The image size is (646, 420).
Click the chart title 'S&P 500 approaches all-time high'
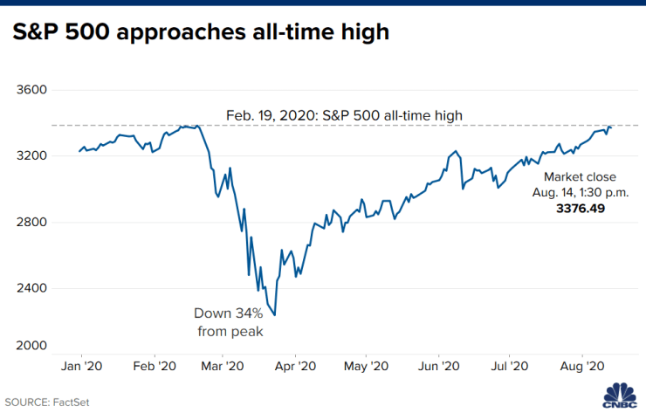201,32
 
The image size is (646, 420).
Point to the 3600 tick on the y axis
31,89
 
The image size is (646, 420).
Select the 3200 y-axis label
31,155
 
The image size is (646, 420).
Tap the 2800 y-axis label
31,222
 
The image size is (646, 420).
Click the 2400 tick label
31,287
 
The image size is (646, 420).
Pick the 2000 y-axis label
31,346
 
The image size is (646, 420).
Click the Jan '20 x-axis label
81,366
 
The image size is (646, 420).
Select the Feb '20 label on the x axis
155,366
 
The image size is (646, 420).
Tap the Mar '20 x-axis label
223,366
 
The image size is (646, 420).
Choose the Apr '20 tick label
295,366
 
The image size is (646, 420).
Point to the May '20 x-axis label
367,366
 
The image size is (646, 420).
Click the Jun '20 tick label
439,366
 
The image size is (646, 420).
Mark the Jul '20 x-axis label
510,366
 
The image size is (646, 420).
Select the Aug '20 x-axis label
582,366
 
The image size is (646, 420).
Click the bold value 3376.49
581,208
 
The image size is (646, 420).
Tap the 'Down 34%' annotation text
228,313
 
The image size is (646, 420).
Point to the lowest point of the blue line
275,315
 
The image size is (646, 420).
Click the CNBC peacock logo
620,396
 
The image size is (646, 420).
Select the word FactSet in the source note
71,403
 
